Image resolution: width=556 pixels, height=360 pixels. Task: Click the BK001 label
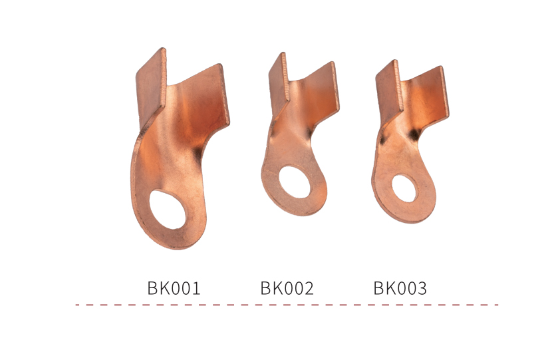pos(174,288)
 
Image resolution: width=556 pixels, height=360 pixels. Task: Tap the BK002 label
pos(287,288)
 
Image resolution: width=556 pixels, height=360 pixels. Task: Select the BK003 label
pos(400,288)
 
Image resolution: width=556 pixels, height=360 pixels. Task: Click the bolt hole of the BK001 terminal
pos(168,209)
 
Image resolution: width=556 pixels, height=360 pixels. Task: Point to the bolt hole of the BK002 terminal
pos(295,182)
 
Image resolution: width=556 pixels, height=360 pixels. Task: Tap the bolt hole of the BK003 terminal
pos(404,188)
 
